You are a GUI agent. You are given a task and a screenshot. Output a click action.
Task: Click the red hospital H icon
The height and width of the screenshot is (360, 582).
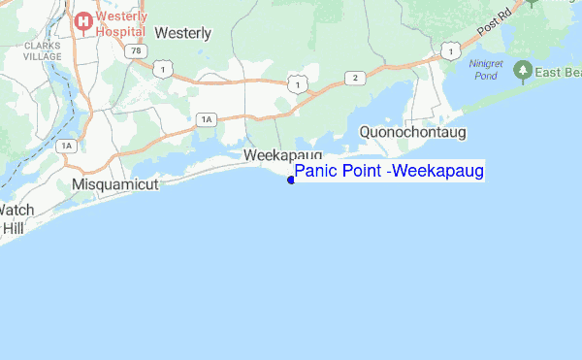click(x=83, y=19)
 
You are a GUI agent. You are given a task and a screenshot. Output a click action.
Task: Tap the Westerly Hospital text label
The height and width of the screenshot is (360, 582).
click(x=120, y=23)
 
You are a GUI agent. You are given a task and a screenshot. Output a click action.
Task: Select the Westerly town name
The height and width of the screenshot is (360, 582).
click(x=182, y=32)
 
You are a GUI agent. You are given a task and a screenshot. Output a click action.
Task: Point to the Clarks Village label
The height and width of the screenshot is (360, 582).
click(x=43, y=51)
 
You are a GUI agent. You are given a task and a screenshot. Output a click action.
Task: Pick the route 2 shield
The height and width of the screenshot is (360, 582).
click(x=356, y=78)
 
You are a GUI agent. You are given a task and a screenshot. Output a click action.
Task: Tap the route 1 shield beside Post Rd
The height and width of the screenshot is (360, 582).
click(x=448, y=48)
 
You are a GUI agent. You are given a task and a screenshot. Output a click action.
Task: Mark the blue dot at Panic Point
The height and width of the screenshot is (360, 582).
click(x=291, y=180)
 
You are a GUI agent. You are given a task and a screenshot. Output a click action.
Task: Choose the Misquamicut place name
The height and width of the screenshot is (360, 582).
click(x=114, y=183)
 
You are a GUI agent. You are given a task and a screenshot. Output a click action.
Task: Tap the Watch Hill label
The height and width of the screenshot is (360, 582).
click(x=14, y=218)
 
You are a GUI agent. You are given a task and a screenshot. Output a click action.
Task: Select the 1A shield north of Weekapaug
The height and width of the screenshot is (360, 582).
click(x=206, y=118)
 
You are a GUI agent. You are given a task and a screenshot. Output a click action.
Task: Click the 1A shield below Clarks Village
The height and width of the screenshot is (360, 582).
click(x=66, y=146)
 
